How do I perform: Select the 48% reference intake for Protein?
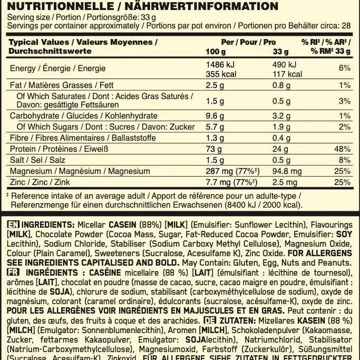343,149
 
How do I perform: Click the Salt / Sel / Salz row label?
35,160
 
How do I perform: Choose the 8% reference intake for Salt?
345,160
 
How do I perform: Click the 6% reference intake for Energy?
345,69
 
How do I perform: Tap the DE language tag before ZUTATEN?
210,320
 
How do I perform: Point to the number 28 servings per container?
345,25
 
